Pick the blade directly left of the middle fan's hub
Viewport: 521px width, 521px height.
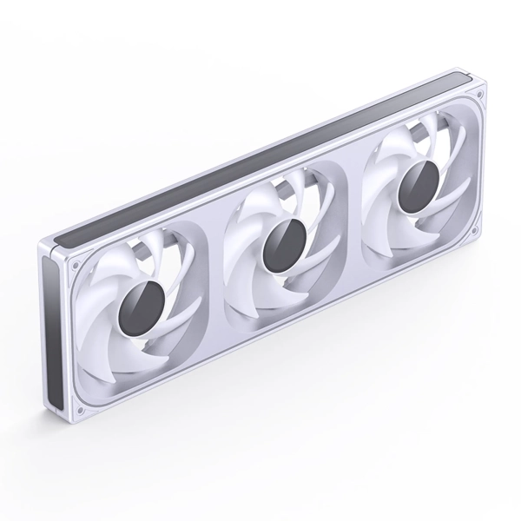pyautogui.click(x=243, y=252)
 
